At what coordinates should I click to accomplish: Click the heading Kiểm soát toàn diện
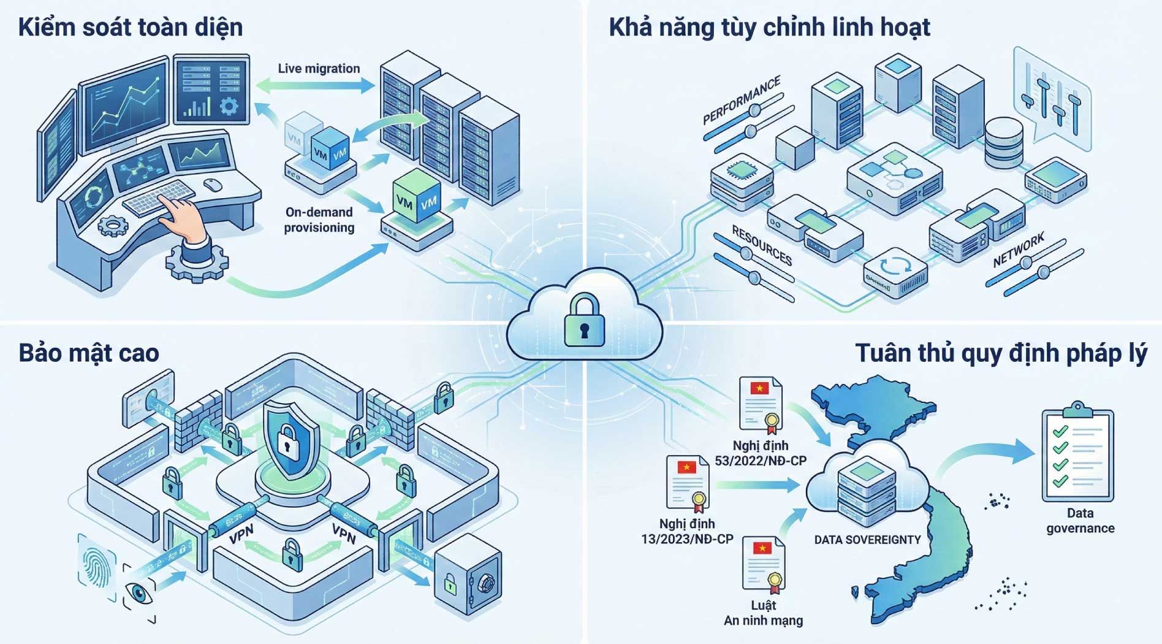coord(131,28)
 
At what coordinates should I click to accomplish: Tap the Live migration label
coord(319,69)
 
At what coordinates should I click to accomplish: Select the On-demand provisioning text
coord(319,220)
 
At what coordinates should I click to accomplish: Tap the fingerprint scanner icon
coord(97,567)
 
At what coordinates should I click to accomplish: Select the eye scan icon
coord(139,592)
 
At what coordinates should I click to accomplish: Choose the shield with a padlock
coord(291,439)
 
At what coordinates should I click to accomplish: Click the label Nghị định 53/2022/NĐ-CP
coord(761,453)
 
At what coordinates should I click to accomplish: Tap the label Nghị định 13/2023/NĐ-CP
coord(687,531)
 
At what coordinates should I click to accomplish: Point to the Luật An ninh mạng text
coord(763,613)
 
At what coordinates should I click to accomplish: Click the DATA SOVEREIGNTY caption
coord(867,540)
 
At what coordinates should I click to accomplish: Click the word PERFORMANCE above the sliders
coord(742,99)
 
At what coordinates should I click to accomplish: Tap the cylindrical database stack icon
coord(1003,143)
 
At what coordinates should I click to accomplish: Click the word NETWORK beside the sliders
coord(1019,250)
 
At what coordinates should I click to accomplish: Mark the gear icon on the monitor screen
coord(229,106)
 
